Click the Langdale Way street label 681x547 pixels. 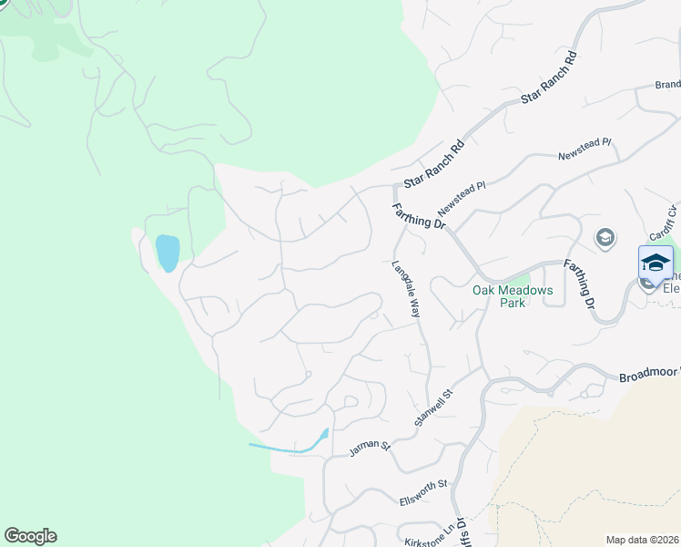(406, 290)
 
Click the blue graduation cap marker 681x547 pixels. (656, 263)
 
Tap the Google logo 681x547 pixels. (30, 536)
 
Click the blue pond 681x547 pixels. (168, 253)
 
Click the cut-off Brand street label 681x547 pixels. (667, 84)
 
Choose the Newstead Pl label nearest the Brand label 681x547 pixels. (584, 150)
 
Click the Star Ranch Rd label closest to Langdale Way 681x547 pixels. (434, 164)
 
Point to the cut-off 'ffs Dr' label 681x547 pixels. (461, 532)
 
